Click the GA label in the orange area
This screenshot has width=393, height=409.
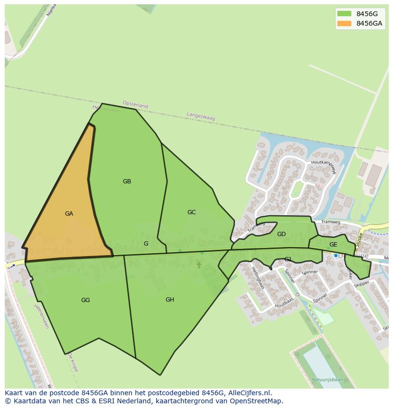click(69, 214)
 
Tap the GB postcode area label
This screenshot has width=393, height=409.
click(127, 181)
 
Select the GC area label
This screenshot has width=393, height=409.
click(191, 212)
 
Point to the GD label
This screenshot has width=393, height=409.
click(281, 234)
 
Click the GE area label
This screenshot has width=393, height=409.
click(333, 245)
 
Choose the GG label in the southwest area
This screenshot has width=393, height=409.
click(85, 300)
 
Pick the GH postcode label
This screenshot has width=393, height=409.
click(169, 300)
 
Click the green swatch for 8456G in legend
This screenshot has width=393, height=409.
click(344, 14)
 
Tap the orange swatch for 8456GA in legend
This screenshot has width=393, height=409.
click(344, 23)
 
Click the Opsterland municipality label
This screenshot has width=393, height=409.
click(135, 105)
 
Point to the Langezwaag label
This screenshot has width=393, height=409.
click(201, 116)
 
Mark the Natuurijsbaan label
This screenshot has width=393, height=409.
click(327, 380)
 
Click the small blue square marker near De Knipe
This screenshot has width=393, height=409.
click(336, 256)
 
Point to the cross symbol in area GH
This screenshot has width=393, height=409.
click(199, 265)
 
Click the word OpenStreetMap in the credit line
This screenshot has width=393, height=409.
click(257, 401)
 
